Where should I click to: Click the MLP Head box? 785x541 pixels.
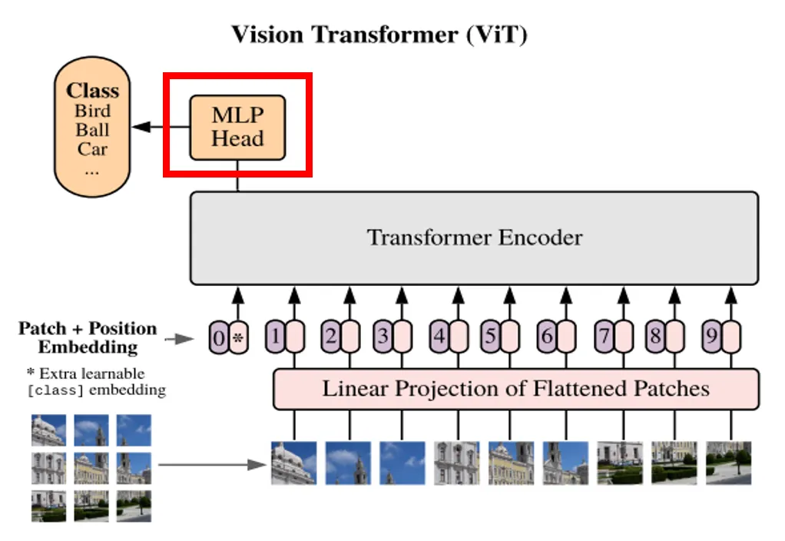pyautogui.click(x=237, y=128)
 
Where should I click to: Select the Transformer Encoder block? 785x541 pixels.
pyautogui.click(x=474, y=237)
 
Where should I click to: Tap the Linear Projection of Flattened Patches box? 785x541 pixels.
pyautogui.click(x=515, y=389)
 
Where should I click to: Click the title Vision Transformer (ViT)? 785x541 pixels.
pyautogui.click(x=379, y=35)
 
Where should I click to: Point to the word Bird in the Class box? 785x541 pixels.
pyautogui.click(x=92, y=111)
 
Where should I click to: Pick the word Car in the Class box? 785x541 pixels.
pyautogui.click(x=92, y=149)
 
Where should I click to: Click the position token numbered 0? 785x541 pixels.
pyautogui.click(x=219, y=337)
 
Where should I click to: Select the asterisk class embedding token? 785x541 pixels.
pyautogui.click(x=238, y=337)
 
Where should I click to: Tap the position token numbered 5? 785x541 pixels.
pyautogui.click(x=490, y=337)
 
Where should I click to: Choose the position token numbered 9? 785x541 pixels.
pyautogui.click(x=712, y=337)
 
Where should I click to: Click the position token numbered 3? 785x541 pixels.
pyautogui.click(x=382, y=337)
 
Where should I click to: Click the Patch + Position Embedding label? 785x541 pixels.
pyautogui.click(x=87, y=337)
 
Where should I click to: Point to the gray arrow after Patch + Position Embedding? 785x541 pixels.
pyautogui.click(x=182, y=338)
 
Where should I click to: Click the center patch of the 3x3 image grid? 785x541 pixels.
pyautogui.click(x=91, y=468)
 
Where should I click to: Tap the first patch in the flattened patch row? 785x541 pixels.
pyautogui.click(x=293, y=463)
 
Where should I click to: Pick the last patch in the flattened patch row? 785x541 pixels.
pyautogui.click(x=728, y=463)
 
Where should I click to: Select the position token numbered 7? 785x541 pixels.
pyautogui.click(x=604, y=337)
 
